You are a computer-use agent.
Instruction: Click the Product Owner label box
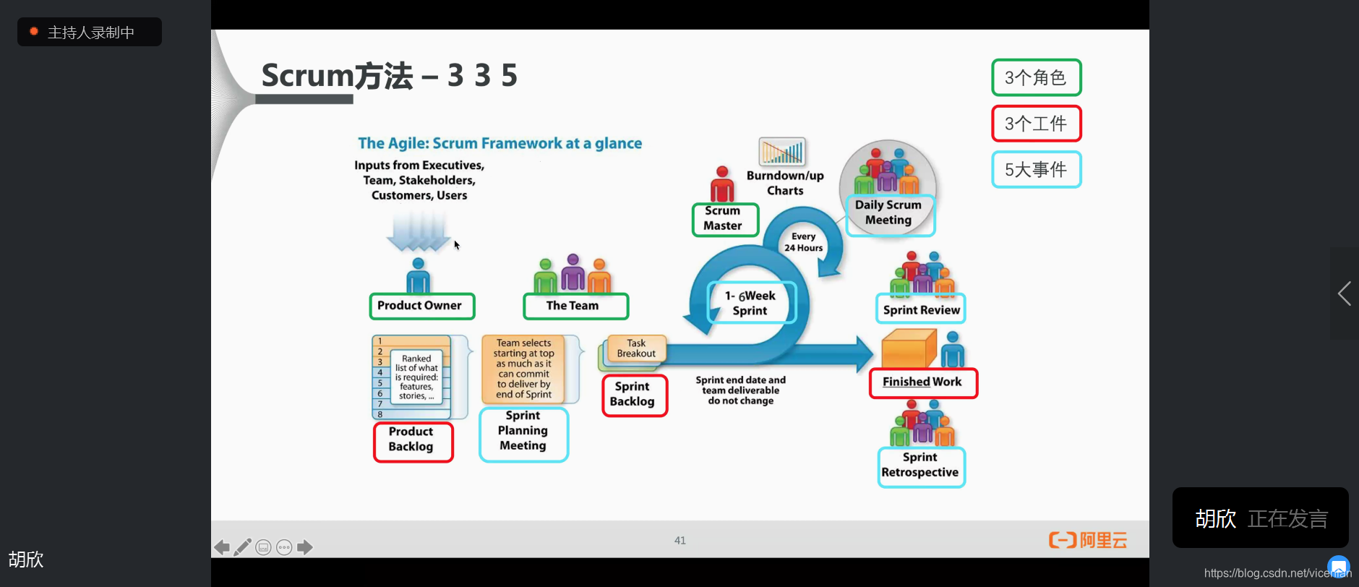click(421, 306)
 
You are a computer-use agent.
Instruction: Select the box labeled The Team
click(575, 306)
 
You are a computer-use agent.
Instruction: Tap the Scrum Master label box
click(725, 219)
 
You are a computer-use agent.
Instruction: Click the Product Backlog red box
click(413, 441)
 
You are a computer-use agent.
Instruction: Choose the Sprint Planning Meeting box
click(523, 433)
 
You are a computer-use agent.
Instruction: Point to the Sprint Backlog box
click(634, 395)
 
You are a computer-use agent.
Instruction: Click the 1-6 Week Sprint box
click(751, 303)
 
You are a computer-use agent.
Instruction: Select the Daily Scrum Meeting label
click(889, 214)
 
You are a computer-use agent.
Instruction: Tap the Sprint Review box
click(921, 310)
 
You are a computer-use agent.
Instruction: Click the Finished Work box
click(922, 382)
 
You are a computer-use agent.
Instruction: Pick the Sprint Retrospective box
click(921, 466)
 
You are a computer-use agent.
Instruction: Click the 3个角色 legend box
click(1036, 77)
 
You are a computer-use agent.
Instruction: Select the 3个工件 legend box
click(1036, 124)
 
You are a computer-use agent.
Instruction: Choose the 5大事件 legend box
click(1036, 170)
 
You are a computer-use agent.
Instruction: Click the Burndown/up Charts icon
click(781, 152)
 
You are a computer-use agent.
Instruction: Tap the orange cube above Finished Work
click(907, 349)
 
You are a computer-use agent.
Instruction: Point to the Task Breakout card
click(635, 348)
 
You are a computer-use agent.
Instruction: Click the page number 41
click(680, 541)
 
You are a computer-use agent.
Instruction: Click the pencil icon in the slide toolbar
click(243, 547)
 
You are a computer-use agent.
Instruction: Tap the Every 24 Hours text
click(804, 242)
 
